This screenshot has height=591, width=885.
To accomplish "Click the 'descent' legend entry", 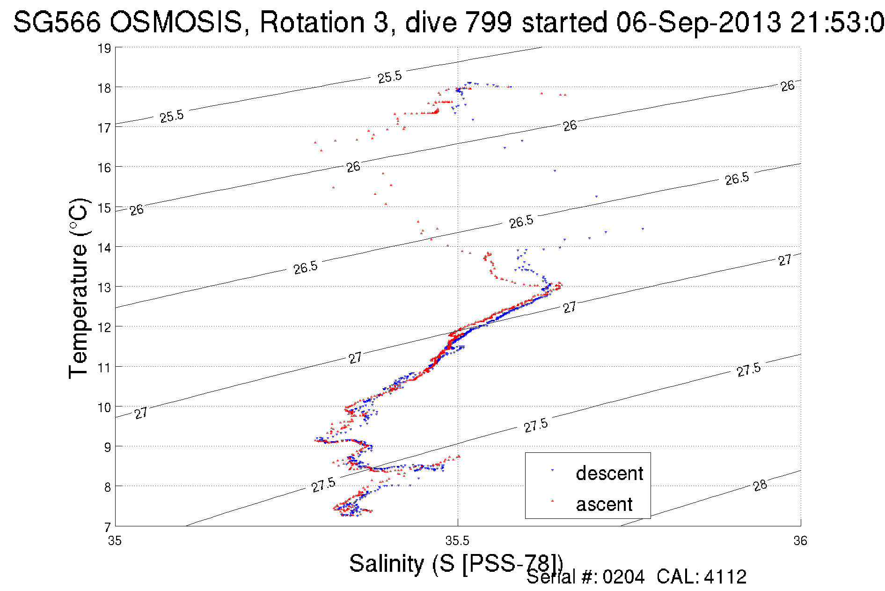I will pos(609,473).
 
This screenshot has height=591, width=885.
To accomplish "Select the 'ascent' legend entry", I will pos(604,504).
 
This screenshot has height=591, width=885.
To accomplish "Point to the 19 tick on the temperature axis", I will pos(104,48).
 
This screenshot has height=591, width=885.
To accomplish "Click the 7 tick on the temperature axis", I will pos(107,527).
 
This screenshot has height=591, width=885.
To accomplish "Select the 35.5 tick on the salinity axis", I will pos(457,541).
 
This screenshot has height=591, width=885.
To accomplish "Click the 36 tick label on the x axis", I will pos(800,541).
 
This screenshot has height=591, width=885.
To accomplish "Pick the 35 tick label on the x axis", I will pos(115,541).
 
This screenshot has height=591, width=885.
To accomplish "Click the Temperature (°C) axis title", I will pos(78,288).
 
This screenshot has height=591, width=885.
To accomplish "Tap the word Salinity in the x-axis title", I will pos(386,563).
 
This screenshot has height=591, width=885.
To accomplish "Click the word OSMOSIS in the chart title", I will pos(177,22).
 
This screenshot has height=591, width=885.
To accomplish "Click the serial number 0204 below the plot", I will pos(623,577).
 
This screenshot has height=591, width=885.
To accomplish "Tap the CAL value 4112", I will pos(725,577).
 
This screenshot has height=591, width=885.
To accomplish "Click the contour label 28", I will pos(760,485).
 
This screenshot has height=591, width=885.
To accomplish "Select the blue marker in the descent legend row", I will pos(552,470).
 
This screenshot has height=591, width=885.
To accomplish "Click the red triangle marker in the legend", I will pos(552,501).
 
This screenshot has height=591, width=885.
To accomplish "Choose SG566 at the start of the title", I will pos(56,22).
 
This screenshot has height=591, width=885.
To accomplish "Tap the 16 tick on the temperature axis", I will pos(104,168).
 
